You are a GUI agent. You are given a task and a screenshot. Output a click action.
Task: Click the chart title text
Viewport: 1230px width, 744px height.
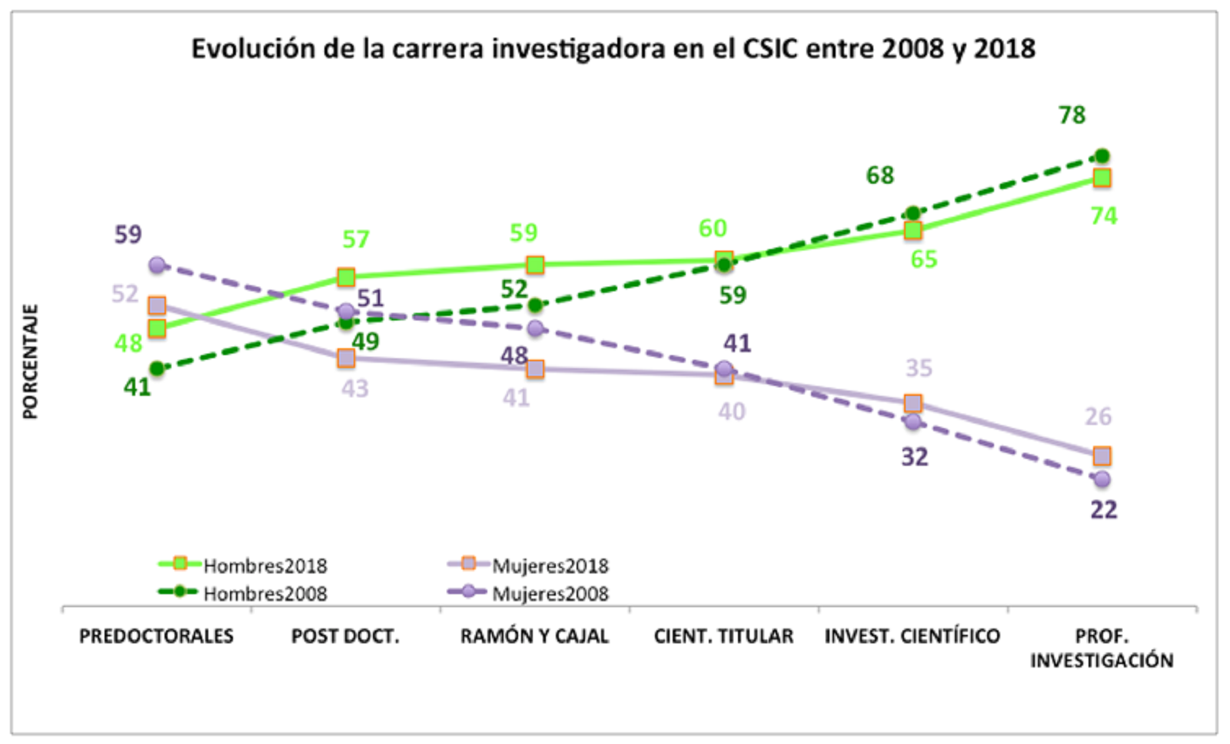[x=613, y=48]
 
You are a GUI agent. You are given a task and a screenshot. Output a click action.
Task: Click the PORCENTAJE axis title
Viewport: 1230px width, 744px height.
[x=30, y=362]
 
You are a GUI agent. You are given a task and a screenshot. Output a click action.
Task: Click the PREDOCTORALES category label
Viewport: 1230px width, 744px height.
[x=156, y=636]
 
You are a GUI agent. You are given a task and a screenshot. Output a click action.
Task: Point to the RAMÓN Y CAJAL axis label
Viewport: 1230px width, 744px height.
[x=534, y=636]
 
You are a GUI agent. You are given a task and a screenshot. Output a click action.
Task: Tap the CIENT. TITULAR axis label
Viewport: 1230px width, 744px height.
[x=723, y=636]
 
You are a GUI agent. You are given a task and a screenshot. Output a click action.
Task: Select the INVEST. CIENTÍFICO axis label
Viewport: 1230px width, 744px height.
[x=913, y=636]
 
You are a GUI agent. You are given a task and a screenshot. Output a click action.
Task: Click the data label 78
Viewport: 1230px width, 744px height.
[x=1072, y=115]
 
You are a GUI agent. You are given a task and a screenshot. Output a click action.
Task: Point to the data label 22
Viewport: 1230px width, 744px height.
[x=1103, y=510]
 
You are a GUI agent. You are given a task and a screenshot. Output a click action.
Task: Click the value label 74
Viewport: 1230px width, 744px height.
[x=1103, y=216]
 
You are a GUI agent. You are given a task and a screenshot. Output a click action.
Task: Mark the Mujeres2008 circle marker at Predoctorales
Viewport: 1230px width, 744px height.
[x=157, y=265]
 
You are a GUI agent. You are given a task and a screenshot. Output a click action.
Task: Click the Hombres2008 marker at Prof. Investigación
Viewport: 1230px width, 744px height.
[x=1102, y=156]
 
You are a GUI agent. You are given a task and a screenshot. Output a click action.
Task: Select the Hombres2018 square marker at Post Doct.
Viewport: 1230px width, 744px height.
[x=346, y=277]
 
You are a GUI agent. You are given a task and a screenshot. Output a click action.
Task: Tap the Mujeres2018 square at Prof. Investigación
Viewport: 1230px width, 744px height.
[x=1102, y=456]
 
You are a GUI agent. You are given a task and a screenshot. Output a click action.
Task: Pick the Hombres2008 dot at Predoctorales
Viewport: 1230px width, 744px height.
[x=157, y=369]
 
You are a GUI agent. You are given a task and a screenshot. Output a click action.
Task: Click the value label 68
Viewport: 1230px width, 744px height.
[x=880, y=175]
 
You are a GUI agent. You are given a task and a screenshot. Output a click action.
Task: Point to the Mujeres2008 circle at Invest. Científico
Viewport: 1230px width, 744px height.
[x=913, y=421]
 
